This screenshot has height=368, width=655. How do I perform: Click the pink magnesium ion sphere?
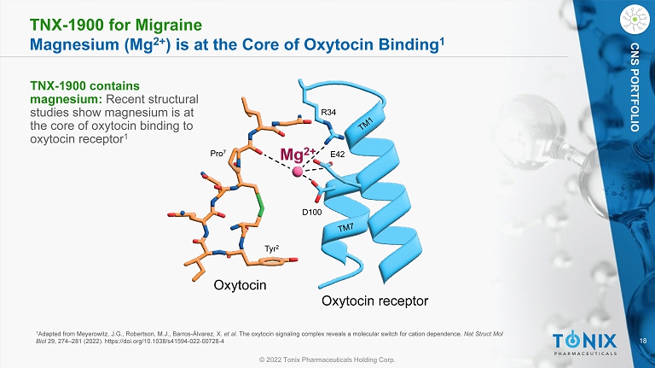click(299, 172)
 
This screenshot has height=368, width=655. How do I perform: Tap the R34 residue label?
click(328, 111)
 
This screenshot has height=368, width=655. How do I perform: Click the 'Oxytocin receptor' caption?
click(374, 301)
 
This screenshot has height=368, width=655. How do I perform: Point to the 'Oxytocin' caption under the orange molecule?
click(240, 285)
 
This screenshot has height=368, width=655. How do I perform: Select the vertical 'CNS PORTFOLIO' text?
click(635, 86)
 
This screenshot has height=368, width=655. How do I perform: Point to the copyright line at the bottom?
click(327, 360)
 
